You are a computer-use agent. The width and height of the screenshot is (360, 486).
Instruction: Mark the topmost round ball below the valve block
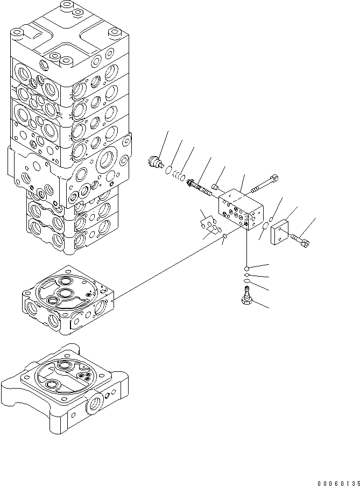tap(246, 268)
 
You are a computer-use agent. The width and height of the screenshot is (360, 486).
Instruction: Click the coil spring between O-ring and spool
tap(181, 178)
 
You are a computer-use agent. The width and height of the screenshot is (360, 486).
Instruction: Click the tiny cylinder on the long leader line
tap(223, 241)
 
